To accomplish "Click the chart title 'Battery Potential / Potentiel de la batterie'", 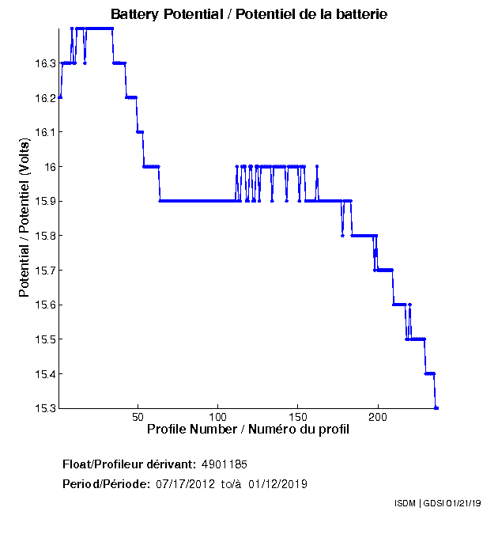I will (x=249, y=15).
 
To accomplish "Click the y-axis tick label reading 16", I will (x=49, y=167).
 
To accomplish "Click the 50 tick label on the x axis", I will (x=138, y=417).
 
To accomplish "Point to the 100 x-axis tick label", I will (x=218, y=417).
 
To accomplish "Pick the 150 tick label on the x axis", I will (x=298, y=417).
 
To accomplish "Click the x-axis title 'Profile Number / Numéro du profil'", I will (x=248, y=430).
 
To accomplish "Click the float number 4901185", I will (x=225, y=464).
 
